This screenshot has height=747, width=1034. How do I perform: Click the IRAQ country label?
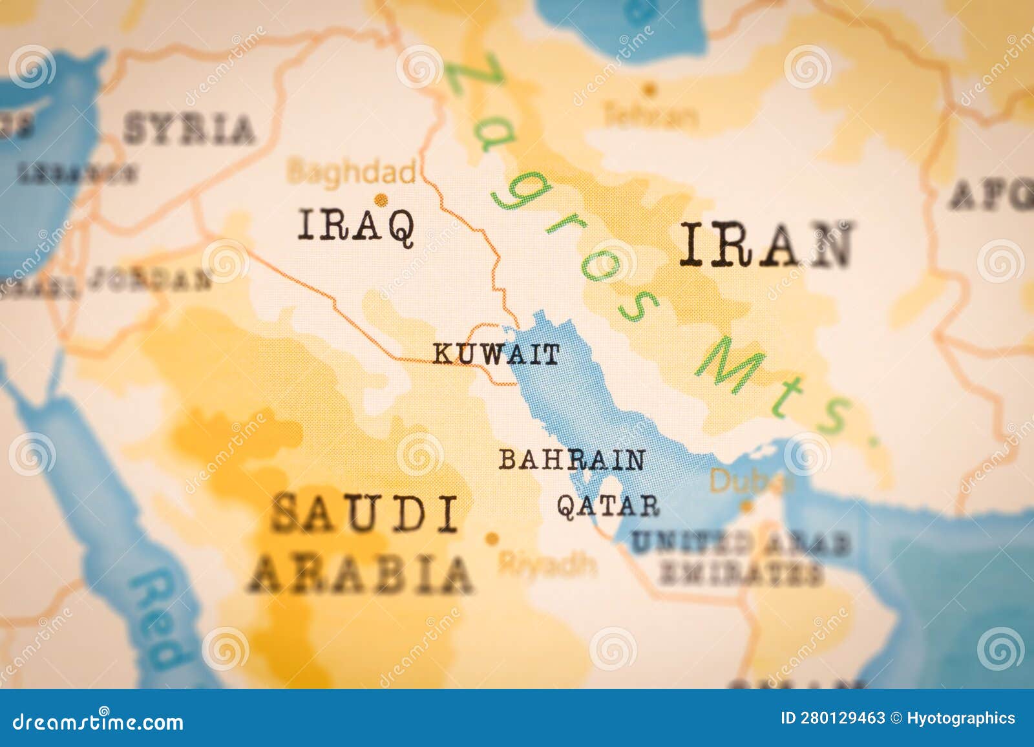[356, 226]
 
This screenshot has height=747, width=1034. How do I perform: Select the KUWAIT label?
[496, 354]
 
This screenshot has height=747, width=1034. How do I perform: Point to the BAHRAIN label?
[573, 459]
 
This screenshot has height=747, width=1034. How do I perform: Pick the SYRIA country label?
[189, 129]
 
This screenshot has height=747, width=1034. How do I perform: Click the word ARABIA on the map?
[361, 574]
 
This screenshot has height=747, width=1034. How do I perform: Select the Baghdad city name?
[352, 173]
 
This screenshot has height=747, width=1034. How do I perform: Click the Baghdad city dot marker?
[382, 200]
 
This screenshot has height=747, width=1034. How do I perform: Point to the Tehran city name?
[651, 116]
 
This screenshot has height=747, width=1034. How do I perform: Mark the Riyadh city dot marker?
[492, 538]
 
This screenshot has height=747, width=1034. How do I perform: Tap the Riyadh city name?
[547, 564]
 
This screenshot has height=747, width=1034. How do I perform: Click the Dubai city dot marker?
[746, 507]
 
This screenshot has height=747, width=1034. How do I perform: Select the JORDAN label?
[150, 279]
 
